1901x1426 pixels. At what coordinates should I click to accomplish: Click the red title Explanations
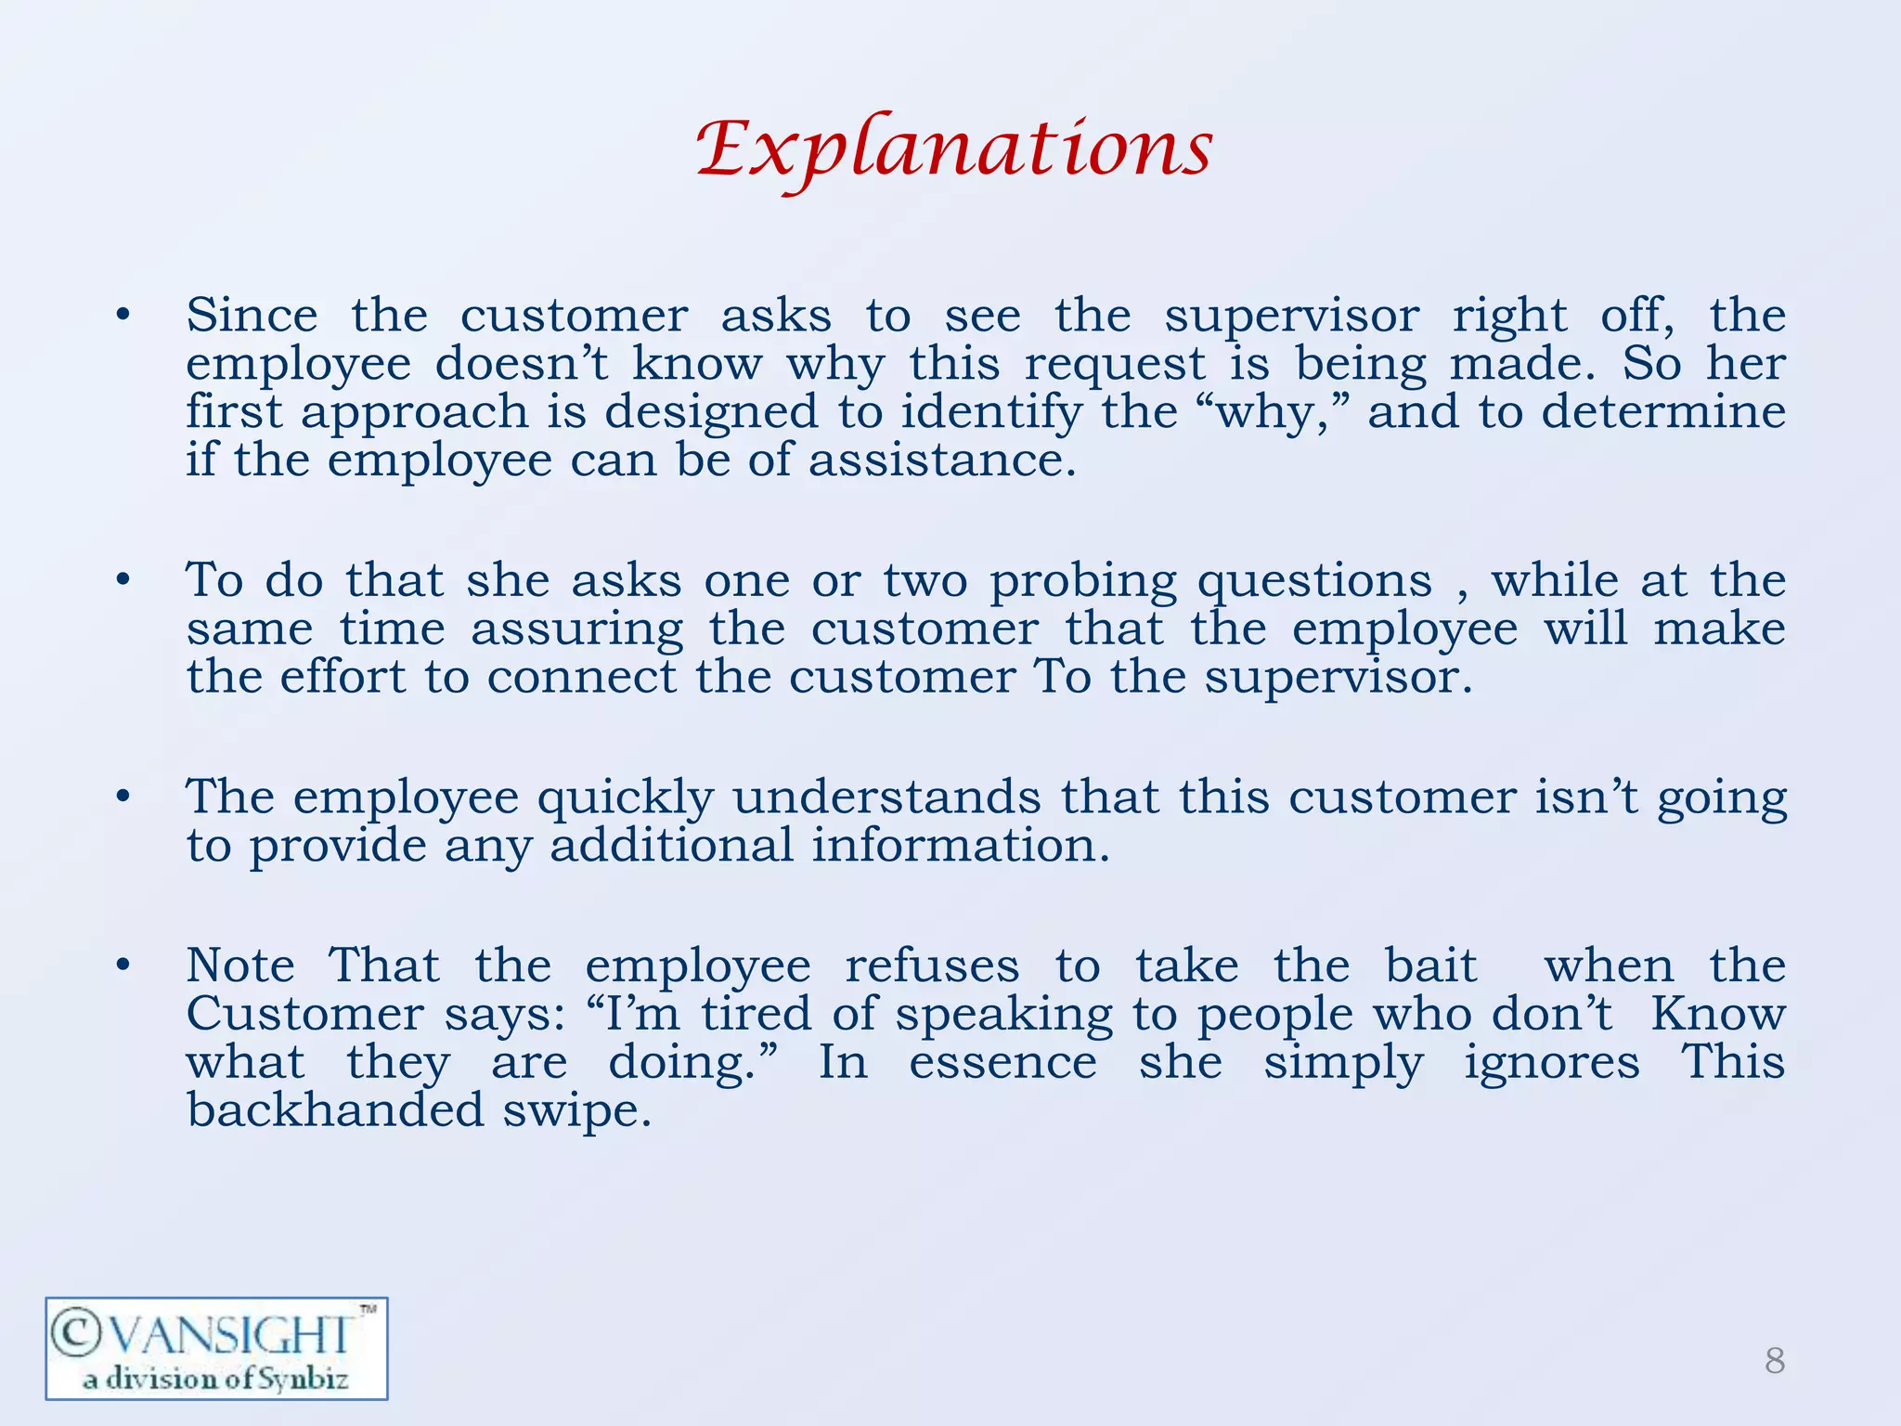954,149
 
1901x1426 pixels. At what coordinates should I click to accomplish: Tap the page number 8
1774,1361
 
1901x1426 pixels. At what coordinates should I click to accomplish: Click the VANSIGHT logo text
215,1336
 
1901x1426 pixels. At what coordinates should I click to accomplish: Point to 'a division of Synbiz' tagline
215,1379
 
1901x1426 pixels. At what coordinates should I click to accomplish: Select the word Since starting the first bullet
252,315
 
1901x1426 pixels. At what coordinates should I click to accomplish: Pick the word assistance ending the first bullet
940,460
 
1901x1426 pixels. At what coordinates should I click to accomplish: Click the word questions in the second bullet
1314,582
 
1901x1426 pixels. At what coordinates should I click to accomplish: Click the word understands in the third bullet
886,797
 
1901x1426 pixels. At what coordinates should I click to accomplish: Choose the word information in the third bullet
960,845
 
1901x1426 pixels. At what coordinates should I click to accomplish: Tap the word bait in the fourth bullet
1430,966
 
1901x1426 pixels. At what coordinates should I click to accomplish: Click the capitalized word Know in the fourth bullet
1717,1014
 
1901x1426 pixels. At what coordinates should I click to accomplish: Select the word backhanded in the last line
335,1109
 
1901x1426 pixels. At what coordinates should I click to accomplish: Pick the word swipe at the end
576,1111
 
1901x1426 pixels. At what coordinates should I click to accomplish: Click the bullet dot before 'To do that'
123,582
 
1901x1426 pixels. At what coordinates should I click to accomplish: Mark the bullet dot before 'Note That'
123,966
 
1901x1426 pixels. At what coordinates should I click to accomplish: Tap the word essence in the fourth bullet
1002,1062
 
